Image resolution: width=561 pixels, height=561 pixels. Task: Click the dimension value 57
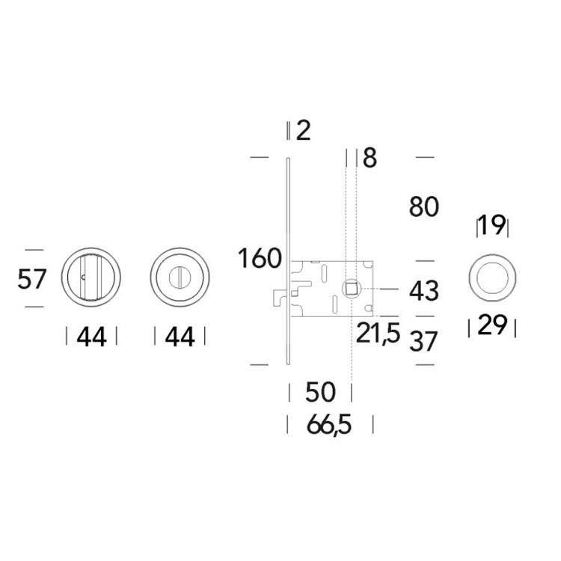coord(32,279)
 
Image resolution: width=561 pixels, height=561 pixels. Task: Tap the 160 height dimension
coord(260,258)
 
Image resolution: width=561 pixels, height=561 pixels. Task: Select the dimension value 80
coord(424,206)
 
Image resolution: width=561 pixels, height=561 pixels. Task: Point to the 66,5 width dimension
coord(329,425)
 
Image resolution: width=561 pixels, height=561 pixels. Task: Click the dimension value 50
coord(321,392)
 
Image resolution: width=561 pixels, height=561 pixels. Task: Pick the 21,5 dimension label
coord(378,334)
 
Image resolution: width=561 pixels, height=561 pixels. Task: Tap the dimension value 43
coord(424,290)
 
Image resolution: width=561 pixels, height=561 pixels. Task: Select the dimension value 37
coord(423,341)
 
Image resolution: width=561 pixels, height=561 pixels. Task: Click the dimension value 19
coord(492,225)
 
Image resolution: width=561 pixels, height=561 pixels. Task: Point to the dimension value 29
coord(492,325)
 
